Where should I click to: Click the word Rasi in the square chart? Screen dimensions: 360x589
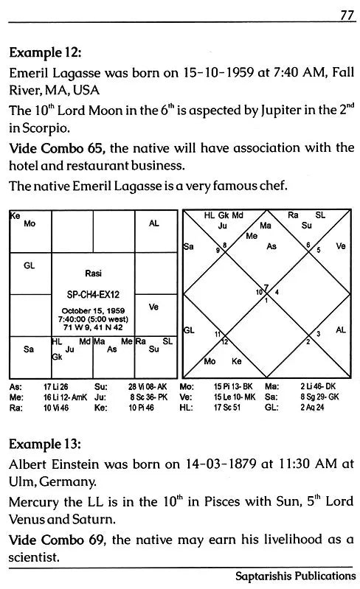coord(94,272)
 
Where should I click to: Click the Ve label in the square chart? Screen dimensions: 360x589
coord(153,306)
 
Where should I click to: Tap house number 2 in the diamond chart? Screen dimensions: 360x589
coord(308,341)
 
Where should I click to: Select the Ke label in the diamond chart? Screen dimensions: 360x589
coord(238,362)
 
